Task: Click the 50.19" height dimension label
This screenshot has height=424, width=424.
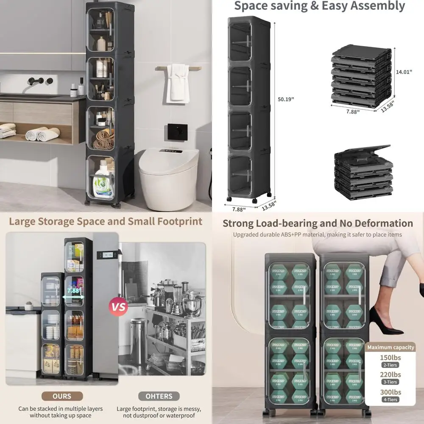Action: pyautogui.click(x=286, y=99)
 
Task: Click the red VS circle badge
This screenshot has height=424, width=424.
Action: pyautogui.click(x=119, y=306)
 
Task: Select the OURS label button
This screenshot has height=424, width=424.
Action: pyautogui.click(x=62, y=396)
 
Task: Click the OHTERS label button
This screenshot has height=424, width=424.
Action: pyautogui.click(x=159, y=396)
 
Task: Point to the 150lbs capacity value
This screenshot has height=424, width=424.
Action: pyautogui.click(x=390, y=357)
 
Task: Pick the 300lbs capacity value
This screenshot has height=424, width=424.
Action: pyautogui.click(x=390, y=392)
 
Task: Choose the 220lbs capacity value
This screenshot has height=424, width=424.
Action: pyautogui.click(x=390, y=374)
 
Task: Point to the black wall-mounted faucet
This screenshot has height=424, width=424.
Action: pyautogui.click(x=41, y=81)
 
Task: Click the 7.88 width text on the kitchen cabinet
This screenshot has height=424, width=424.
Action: pyautogui.click(x=73, y=291)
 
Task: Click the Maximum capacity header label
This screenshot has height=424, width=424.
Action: pyautogui.click(x=391, y=347)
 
